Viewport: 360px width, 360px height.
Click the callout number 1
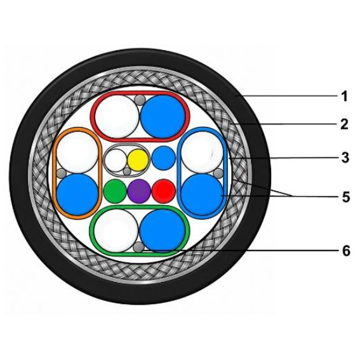(x=343, y=97)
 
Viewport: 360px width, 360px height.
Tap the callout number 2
(x=344, y=124)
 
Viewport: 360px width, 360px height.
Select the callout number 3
(x=345, y=157)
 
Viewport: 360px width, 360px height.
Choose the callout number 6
(x=346, y=251)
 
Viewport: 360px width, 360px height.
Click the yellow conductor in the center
(x=138, y=160)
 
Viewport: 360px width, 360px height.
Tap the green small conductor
(x=115, y=191)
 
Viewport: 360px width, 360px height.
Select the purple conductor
(x=139, y=191)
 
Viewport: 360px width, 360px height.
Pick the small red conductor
(x=164, y=191)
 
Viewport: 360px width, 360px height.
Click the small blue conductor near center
(x=163, y=158)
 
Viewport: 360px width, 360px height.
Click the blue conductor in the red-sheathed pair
(x=163, y=117)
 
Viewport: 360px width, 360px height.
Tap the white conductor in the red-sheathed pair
(x=117, y=117)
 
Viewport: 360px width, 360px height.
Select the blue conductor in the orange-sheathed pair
(x=77, y=194)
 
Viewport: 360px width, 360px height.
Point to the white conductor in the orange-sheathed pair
(x=77, y=152)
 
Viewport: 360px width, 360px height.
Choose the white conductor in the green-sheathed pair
(x=116, y=230)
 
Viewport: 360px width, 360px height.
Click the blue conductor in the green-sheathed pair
(x=163, y=231)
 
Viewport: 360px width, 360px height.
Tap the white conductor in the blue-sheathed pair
(x=202, y=152)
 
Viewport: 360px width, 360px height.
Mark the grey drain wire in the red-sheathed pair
(x=140, y=100)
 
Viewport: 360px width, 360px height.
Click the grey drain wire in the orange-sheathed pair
(x=62, y=173)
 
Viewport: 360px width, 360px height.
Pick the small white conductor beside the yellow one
(x=116, y=160)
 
